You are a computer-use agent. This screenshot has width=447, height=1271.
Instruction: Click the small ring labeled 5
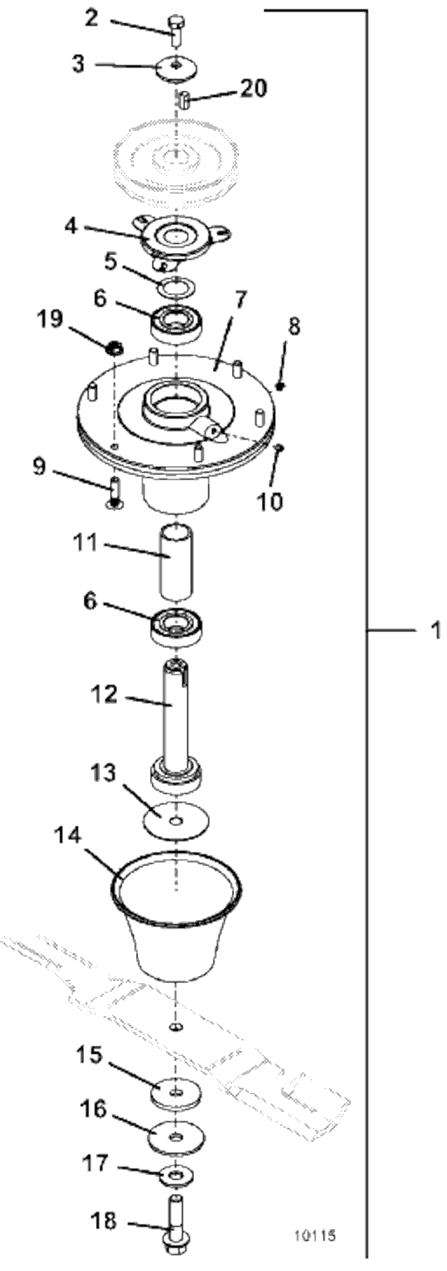click(178, 287)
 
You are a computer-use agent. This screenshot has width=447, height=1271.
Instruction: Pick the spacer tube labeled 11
click(177, 561)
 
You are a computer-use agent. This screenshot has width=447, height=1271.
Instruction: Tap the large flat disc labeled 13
click(176, 821)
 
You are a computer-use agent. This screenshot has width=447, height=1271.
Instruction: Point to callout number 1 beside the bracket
click(435, 630)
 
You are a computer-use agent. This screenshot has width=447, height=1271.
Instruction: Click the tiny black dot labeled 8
click(281, 386)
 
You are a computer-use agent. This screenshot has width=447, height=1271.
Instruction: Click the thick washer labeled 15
click(176, 1093)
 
